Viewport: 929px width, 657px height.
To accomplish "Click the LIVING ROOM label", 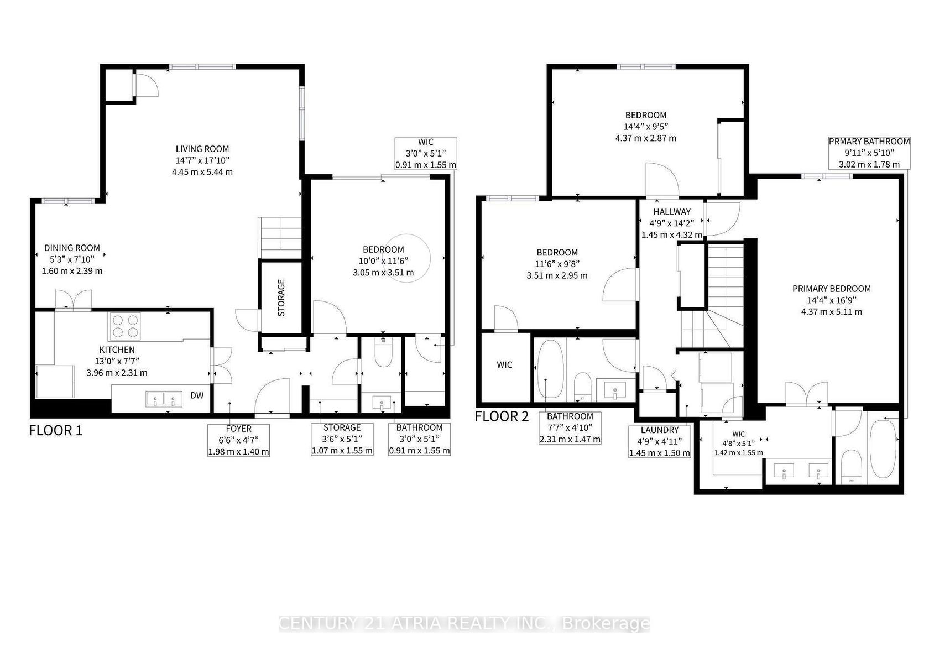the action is (202, 149).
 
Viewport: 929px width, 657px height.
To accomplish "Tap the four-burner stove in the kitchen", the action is (125, 326).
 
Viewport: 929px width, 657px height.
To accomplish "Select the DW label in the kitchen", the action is (197, 395).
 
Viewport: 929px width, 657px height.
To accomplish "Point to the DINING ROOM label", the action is (72, 248).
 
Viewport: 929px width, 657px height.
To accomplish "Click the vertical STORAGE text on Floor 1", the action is (281, 298).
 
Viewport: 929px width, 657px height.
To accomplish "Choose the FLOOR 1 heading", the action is (55, 430).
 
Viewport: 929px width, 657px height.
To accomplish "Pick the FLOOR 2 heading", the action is (502, 416).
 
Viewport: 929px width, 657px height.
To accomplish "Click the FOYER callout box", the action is (238, 440).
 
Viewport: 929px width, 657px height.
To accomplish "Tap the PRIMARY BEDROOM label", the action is (831, 289).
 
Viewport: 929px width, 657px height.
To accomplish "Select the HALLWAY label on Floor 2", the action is (672, 211).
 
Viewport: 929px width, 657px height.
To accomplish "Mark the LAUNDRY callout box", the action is (659, 442).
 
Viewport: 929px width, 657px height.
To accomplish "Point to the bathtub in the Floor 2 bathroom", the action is (550, 370).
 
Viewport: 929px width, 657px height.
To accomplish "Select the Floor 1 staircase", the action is (280, 238).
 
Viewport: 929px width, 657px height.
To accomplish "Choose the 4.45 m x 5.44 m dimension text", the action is (202, 171).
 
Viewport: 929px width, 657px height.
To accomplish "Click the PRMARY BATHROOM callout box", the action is (869, 153).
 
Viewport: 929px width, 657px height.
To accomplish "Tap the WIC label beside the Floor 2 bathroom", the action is (504, 365).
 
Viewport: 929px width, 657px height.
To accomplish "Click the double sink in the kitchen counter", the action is (164, 399).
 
